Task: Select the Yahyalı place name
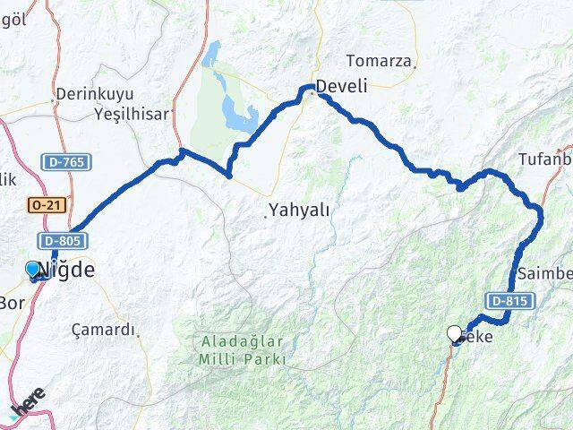click(x=299, y=211)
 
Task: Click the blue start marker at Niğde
click(x=33, y=270)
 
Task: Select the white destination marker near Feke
click(x=455, y=334)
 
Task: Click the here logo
click(x=28, y=404)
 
